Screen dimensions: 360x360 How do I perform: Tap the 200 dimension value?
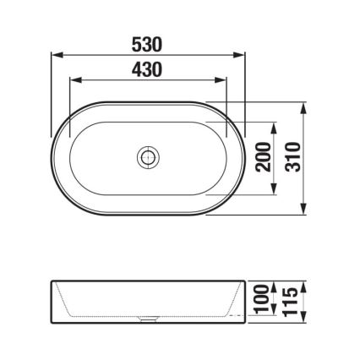261,158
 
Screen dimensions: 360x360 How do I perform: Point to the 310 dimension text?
292,158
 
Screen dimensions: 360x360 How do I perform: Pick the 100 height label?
261,297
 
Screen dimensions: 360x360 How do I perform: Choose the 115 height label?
292,297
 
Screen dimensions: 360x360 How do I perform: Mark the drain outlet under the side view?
148,320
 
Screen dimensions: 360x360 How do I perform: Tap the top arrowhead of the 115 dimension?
303,281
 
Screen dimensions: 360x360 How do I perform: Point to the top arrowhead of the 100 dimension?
272,286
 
